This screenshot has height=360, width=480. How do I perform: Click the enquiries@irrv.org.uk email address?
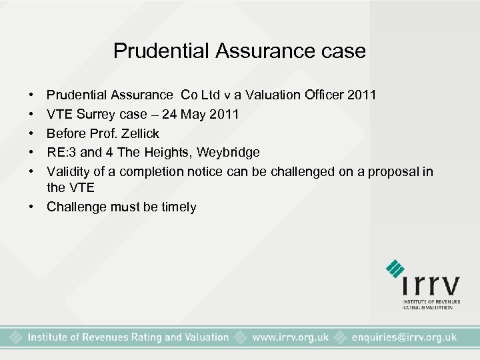[403, 337]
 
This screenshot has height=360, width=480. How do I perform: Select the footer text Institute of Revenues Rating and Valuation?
[128, 337]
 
